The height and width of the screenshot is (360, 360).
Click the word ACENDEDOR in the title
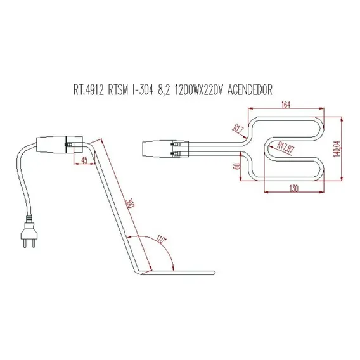[x=250, y=90]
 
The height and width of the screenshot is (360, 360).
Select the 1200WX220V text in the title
[x=199, y=90]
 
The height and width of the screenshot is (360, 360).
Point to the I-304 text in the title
[x=143, y=90]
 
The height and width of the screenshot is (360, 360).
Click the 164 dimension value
[x=286, y=105]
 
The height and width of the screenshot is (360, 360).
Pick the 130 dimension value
[x=293, y=188]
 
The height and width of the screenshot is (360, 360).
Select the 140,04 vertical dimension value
[x=337, y=149]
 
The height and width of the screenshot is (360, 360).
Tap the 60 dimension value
[x=238, y=166]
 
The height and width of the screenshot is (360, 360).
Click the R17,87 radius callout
[x=286, y=148]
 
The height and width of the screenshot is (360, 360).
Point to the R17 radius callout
[x=238, y=130]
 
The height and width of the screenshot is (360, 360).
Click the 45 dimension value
[x=84, y=160]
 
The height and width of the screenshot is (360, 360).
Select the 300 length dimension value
[x=130, y=203]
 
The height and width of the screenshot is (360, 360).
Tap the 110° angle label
[x=162, y=240]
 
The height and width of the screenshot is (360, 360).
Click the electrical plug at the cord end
[x=29, y=234]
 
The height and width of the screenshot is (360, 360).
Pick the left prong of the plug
[x=25, y=243]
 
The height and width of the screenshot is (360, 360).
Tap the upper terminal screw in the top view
[x=175, y=145]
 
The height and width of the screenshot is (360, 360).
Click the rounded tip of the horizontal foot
[x=214, y=273]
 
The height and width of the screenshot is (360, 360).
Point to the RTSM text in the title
[x=118, y=90]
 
